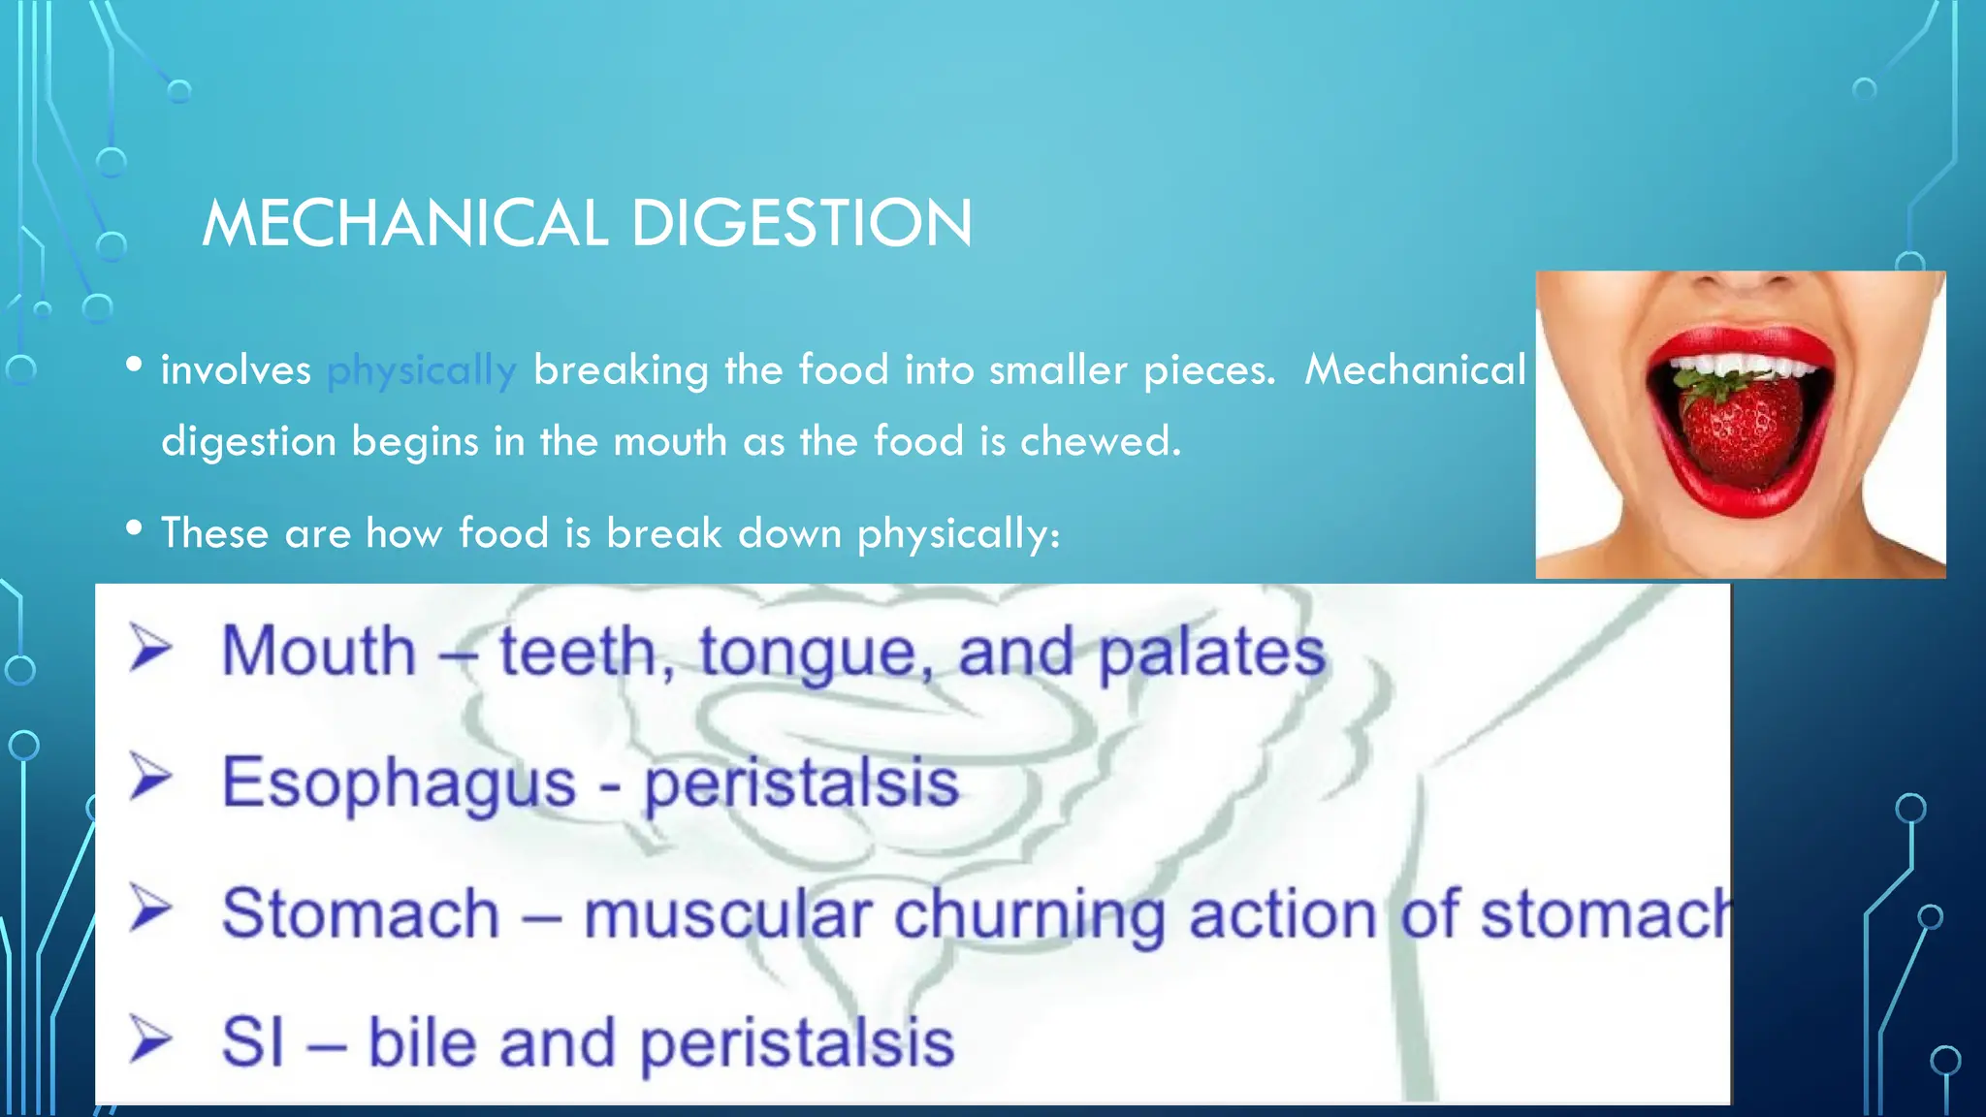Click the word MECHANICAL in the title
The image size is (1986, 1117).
(x=404, y=223)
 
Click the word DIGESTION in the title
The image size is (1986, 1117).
(x=801, y=223)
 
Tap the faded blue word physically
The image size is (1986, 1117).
(x=422, y=370)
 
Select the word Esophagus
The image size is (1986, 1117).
(x=399, y=782)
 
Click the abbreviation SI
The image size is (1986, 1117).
(x=253, y=1043)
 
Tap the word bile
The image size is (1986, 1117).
(x=425, y=1043)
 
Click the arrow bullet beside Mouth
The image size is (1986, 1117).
(x=150, y=648)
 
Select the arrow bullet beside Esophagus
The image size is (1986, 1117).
(x=150, y=779)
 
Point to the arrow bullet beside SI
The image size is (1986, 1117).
(x=150, y=1040)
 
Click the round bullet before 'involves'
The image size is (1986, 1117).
(x=135, y=365)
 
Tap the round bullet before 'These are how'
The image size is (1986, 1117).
(x=135, y=528)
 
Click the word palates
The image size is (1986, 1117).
(x=1211, y=652)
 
